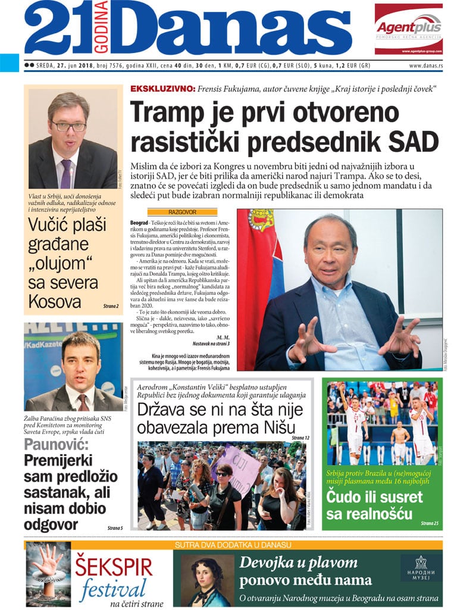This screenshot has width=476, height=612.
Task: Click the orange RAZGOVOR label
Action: (x=182, y=212)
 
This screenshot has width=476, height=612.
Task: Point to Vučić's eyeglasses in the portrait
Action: (x=68, y=126)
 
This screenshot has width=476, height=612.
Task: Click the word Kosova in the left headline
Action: (x=55, y=300)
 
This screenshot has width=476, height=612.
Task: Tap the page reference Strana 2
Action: (x=109, y=306)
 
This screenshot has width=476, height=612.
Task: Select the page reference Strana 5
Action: (x=115, y=527)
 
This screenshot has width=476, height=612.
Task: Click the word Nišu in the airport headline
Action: (x=284, y=427)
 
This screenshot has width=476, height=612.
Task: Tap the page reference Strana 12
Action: (x=300, y=438)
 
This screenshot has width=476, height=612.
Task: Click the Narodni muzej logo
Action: (x=421, y=568)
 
